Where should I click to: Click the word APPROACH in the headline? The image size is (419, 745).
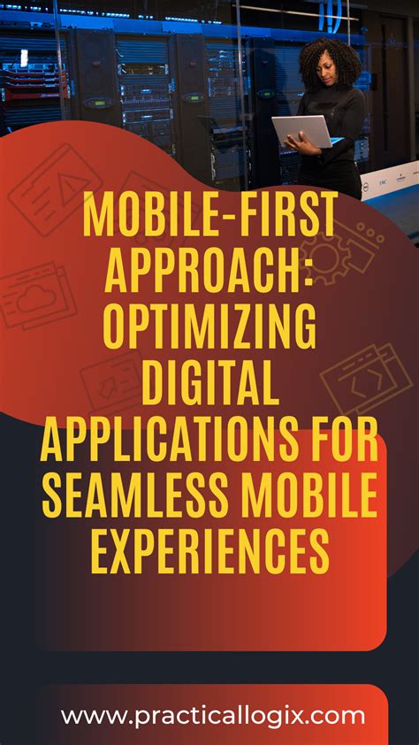(x=202, y=271)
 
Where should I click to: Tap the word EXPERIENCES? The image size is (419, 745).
(x=209, y=552)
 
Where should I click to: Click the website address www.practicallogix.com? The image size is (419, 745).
(x=213, y=715)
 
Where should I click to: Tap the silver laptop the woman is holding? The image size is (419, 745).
(x=301, y=132)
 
